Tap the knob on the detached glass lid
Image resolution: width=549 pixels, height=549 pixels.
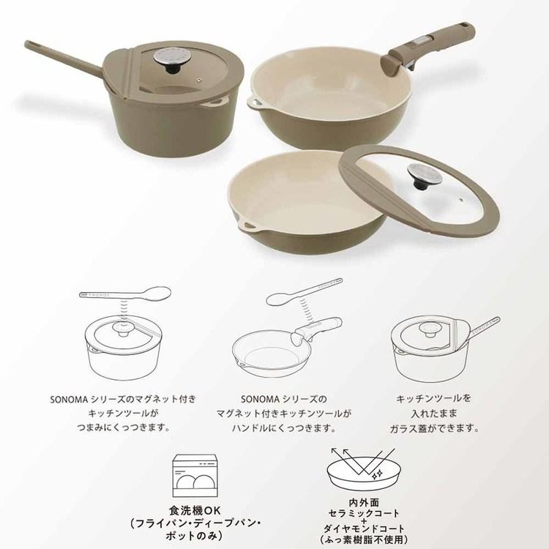(425, 176)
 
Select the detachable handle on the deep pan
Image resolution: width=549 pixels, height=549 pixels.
(427, 49)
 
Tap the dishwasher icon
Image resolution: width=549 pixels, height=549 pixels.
(195, 476)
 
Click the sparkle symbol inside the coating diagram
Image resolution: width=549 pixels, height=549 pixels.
(377, 475)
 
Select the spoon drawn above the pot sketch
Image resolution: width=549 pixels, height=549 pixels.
(125, 294)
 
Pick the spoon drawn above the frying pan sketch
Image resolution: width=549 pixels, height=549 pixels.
(305, 291)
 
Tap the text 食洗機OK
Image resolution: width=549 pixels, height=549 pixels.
(195, 510)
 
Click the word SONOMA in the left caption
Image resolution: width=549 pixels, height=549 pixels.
(69, 400)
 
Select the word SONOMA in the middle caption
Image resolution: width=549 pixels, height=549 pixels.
(260, 399)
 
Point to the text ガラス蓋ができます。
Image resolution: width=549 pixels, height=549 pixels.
(435, 428)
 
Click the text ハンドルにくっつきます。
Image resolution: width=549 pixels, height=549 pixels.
(284, 428)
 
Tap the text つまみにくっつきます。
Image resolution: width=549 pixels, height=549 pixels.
(124, 427)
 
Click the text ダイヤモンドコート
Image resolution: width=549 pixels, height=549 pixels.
(364, 529)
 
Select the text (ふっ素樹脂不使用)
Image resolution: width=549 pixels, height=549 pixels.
(364, 539)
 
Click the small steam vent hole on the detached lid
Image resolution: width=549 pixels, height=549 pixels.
(461, 200)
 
